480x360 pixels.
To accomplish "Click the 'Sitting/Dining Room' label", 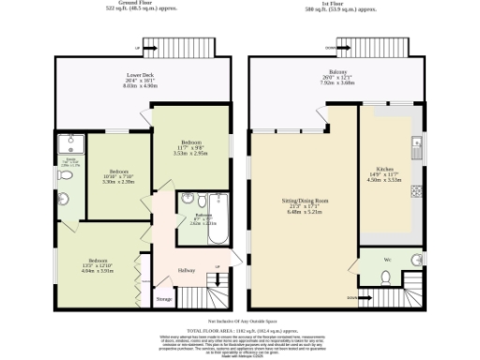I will [x=305, y=201].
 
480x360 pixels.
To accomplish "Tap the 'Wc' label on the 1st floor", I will [x=387, y=257].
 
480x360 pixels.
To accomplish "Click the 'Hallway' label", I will [x=186, y=271].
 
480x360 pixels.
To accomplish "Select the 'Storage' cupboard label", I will [x=164, y=299].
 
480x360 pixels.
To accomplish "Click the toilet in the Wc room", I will [x=386, y=276].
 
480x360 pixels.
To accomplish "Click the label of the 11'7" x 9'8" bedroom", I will [x=191, y=148].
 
